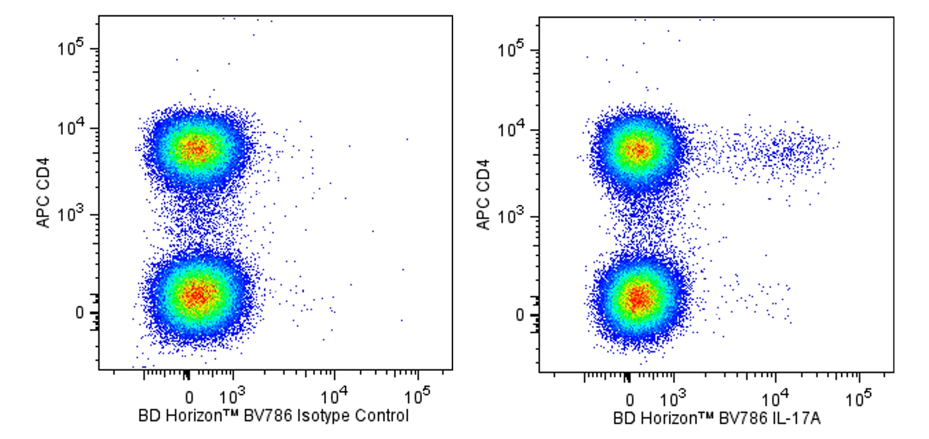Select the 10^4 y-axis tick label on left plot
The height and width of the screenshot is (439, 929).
point(70,129)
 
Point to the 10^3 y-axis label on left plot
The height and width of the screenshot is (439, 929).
point(70,215)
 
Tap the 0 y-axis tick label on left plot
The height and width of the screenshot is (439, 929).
point(79,313)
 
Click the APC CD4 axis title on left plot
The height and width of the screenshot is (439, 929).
point(44,193)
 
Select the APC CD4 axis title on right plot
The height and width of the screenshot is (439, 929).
point(483,195)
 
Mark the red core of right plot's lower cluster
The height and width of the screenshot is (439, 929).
point(638,297)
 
